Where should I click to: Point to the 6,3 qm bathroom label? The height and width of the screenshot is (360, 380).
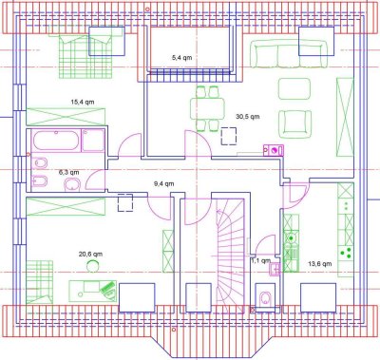tap(68, 172)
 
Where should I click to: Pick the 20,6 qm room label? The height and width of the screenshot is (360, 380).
tap(89, 254)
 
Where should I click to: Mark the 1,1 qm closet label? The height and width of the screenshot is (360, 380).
tap(260, 258)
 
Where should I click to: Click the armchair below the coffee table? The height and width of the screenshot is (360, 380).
tap(294, 122)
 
